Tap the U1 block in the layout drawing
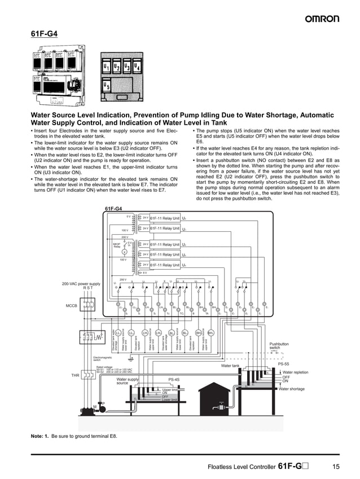click(107, 68)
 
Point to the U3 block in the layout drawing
click(126, 68)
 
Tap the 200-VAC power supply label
click(81, 283)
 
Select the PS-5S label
click(283, 364)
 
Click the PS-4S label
click(174, 380)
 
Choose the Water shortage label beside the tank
click(291, 389)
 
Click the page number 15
click(335, 467)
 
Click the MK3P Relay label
click(117, 245)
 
